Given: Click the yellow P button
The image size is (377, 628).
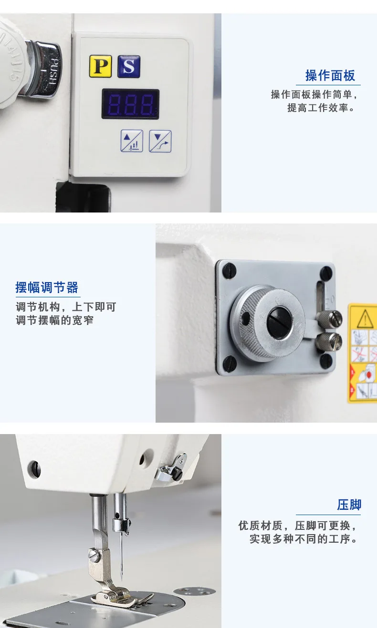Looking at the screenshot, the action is pos(100,66).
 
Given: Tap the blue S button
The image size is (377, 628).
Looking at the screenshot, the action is pos(129,66).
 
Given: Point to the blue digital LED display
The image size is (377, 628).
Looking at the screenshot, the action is pos(130,104).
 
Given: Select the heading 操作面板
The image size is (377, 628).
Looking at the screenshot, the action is pos(330,76).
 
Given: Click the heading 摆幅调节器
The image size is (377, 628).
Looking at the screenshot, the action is pos(47,288).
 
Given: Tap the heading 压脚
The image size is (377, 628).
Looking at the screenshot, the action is pos(349,505).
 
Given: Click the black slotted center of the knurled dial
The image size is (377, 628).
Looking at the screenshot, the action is pos(280,323).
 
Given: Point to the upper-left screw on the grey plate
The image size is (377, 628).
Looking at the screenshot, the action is pos(229,271).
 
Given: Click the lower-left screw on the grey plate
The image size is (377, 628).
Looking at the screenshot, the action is pos(230,364).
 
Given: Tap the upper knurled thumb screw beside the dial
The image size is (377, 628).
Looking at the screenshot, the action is pos(329,319).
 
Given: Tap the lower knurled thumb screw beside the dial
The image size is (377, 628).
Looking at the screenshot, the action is pos(329,342).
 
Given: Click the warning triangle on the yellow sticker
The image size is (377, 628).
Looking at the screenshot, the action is pos(365,319).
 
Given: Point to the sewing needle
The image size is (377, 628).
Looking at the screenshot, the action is pos(121,557).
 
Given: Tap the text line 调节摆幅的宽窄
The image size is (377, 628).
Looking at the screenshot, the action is pos(55,320).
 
